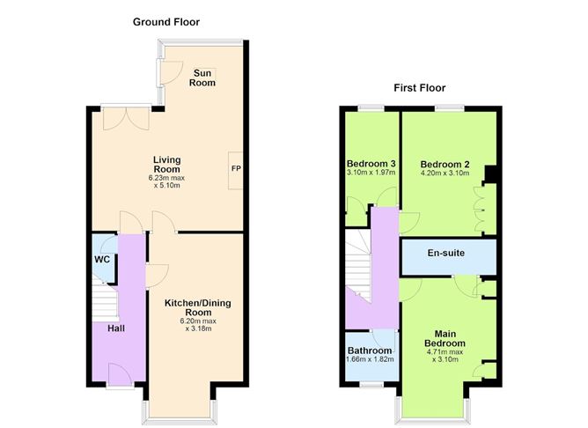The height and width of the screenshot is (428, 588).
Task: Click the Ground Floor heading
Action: click(166, 22)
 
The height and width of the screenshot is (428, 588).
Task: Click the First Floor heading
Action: click(420, 88)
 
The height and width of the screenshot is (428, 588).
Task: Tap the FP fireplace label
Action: click(236, 168)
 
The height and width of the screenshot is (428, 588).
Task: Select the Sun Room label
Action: click(202, 78)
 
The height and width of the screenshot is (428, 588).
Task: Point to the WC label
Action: click(102, 259)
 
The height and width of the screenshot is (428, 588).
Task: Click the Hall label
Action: click(116, 328)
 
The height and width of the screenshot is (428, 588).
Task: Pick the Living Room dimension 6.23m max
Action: click(166, 178)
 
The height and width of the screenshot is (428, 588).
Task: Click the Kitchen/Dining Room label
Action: click(198, 307)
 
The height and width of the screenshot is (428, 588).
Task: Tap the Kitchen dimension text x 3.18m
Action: click(198, 328)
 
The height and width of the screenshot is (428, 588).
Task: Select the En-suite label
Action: click(446, 253)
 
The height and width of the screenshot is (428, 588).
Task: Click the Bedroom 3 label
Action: click(371, 164)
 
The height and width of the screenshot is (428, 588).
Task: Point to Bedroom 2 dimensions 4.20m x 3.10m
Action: click(445, 173)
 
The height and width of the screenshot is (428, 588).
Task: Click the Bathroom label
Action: click(370, 351)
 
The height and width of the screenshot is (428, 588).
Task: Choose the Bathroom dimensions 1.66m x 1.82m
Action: click(370, 359)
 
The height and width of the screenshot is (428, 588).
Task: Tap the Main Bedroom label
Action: click(445, 338)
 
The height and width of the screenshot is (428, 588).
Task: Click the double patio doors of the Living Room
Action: click(127, 119)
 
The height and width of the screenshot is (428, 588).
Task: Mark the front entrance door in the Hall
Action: click(121, 374)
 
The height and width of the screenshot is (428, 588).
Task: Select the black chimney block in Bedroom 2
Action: click(490, 173)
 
